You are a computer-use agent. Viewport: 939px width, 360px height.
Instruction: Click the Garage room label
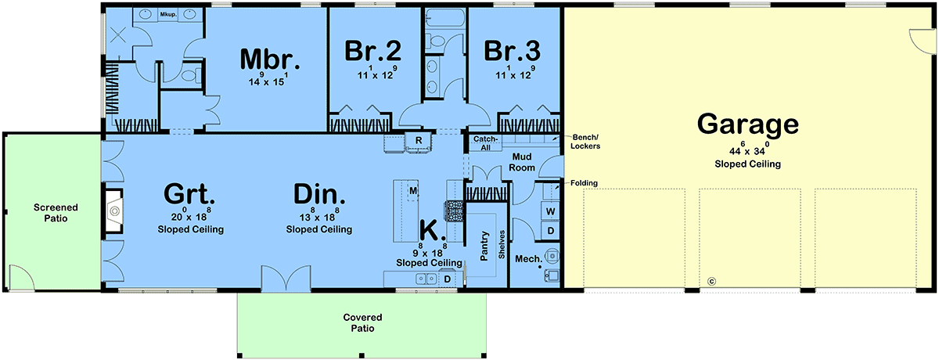[x=748, y=124]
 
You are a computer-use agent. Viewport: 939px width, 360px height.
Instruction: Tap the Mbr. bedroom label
[x=269, y=59]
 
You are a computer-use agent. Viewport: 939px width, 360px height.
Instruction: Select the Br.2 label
[x=372, y=51]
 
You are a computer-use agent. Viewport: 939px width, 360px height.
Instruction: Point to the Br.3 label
[x=513, y=51]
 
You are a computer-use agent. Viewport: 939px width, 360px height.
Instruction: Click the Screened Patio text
[x=56, y=213]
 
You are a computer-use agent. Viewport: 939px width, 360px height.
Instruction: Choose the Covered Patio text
[x=362, y=322]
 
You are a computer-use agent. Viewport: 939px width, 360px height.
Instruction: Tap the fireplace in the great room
[x=113, y=211]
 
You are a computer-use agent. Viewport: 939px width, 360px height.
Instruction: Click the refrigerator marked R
[x=419, y=142]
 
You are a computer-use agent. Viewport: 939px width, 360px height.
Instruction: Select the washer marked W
[x=550, y=211]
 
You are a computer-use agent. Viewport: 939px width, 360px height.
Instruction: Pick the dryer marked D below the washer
[x=550, y=231]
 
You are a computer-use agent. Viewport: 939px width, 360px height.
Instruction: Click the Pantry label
[x=484, y=246]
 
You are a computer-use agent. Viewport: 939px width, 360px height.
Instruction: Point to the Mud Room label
[x=522, y=162]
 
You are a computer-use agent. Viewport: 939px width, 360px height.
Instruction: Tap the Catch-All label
[x=485, y=143]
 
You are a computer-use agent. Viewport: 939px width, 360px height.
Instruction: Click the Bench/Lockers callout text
[x=585, y=142]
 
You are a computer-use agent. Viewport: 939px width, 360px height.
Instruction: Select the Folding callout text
[x=584, y=183]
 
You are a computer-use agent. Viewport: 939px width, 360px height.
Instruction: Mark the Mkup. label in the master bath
[x=168, y=15]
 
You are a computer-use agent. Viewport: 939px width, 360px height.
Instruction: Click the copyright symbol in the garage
[x=711, y=282]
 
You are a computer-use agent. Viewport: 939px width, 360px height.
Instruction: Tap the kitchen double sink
[x=426, y=279]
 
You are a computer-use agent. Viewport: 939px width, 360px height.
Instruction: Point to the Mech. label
[x=528, y=259]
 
